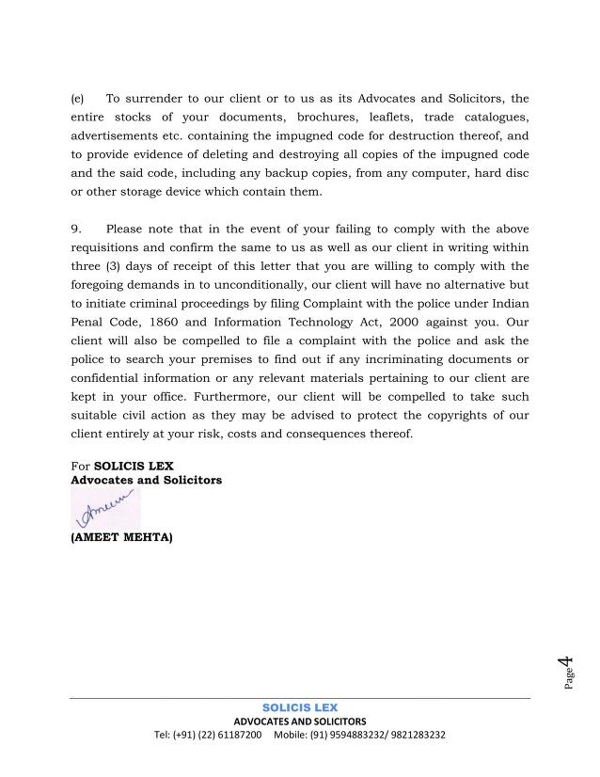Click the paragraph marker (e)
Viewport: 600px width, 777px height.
pyautogui.click(x=78, y=98)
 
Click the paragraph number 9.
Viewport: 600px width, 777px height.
pyautogui.click(x=77, y=229)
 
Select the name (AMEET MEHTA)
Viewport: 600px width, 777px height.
pyautogui.click(x=121, y=538)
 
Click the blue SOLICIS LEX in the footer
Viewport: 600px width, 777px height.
pyautogui.click(x=300, y=707)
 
